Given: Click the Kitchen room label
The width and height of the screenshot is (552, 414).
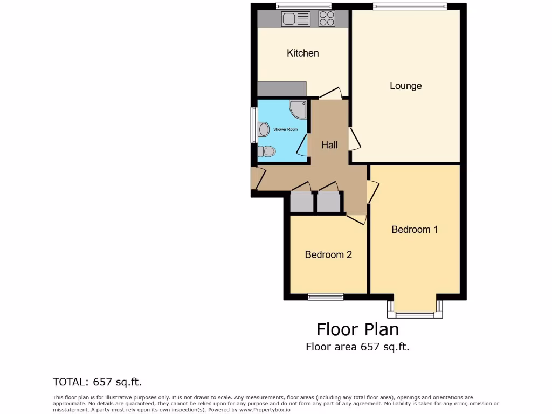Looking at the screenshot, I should point(302,53).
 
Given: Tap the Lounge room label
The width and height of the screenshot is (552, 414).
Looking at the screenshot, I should point(405,86).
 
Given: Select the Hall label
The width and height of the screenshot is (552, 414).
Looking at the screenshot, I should point(329,145).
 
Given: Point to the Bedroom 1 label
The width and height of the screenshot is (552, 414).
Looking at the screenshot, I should point(415,230).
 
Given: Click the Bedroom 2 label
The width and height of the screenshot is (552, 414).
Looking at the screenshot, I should point(328,254).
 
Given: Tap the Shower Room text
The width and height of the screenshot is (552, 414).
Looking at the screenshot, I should point(285,129).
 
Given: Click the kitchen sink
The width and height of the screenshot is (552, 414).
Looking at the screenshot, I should point(296,19).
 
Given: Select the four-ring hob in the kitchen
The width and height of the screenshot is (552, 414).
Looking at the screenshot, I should point(326,19).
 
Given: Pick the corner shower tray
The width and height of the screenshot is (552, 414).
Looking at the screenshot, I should point(298,109).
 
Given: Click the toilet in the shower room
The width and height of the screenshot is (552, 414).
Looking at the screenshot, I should point(266,150).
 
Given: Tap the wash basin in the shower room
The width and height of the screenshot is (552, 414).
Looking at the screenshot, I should point(263,129).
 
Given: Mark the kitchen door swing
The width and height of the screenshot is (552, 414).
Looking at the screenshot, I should point(330,94).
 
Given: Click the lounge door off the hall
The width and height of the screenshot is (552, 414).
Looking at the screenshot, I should point(354,139).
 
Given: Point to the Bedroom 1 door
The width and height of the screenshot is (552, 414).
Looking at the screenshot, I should point(372,191).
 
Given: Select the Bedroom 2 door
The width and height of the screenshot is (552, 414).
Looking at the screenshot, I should point(356,218).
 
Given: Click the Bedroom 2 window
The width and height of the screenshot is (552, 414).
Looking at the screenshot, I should point(326,296).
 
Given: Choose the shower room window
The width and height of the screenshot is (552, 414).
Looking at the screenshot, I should point(254,125).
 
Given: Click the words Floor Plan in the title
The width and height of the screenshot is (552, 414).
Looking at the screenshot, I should point(357,329).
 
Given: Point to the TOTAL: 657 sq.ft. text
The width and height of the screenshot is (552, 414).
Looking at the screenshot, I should point(97,382).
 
